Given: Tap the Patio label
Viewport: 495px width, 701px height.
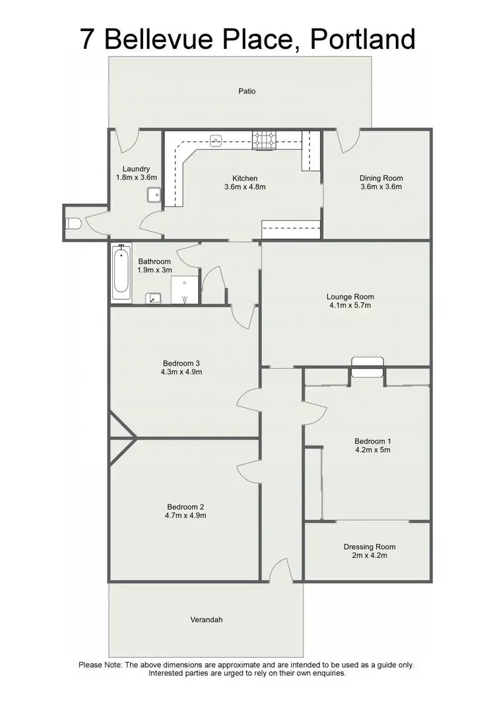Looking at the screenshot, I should pyautogui.click(x=247, y=91).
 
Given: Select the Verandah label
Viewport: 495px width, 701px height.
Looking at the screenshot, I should pyautogui.click(x=207, y=619).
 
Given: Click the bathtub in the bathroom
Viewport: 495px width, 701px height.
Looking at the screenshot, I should pyautogui.click(x=121, y=273).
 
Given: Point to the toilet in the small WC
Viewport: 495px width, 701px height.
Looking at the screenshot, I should pyautogui.click(x=73, y=224).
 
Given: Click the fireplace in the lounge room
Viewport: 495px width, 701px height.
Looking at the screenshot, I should pyautogui.click(x=366, y=367).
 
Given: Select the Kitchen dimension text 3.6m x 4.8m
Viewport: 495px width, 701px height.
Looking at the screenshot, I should pyautogui.click(x=244, y=187).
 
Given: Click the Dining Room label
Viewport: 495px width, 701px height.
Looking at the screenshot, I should pyautogui.click(x=381, y=178).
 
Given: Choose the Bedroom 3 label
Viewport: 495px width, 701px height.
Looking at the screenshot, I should pyautogui.click(x=181, y=362).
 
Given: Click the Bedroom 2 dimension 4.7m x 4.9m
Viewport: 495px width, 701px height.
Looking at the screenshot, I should pyautogui.click(x=186, y=516).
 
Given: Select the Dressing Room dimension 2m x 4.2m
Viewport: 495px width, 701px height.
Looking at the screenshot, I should pyautogui.click(x=370, y=556).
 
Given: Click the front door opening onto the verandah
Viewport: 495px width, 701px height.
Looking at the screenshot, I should pyautogui.click(x=281, y=570).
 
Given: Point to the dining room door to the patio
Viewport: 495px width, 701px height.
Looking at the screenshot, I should pyautogui.click(x=348, y=140).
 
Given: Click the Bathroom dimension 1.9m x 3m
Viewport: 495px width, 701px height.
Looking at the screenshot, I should pyautogui.click(x=154, y=270).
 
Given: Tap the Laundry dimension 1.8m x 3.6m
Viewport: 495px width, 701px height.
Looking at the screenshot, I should pyautogui.click(x=136, y=177).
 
